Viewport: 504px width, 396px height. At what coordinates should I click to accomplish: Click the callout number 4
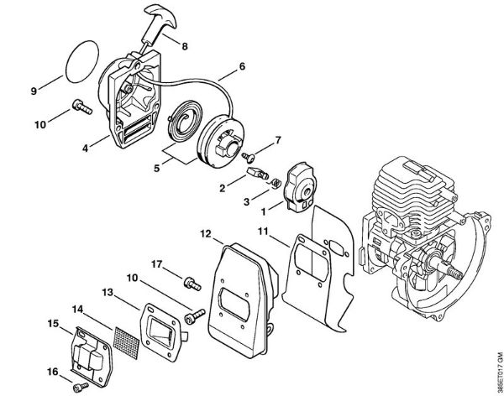pyautogui.click(x=86, y=149)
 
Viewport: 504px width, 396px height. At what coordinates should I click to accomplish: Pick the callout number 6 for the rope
pyautogui.click(x=241, y=65)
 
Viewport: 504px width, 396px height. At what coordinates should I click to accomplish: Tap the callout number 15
pyautogui.click(x=53, y=324)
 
